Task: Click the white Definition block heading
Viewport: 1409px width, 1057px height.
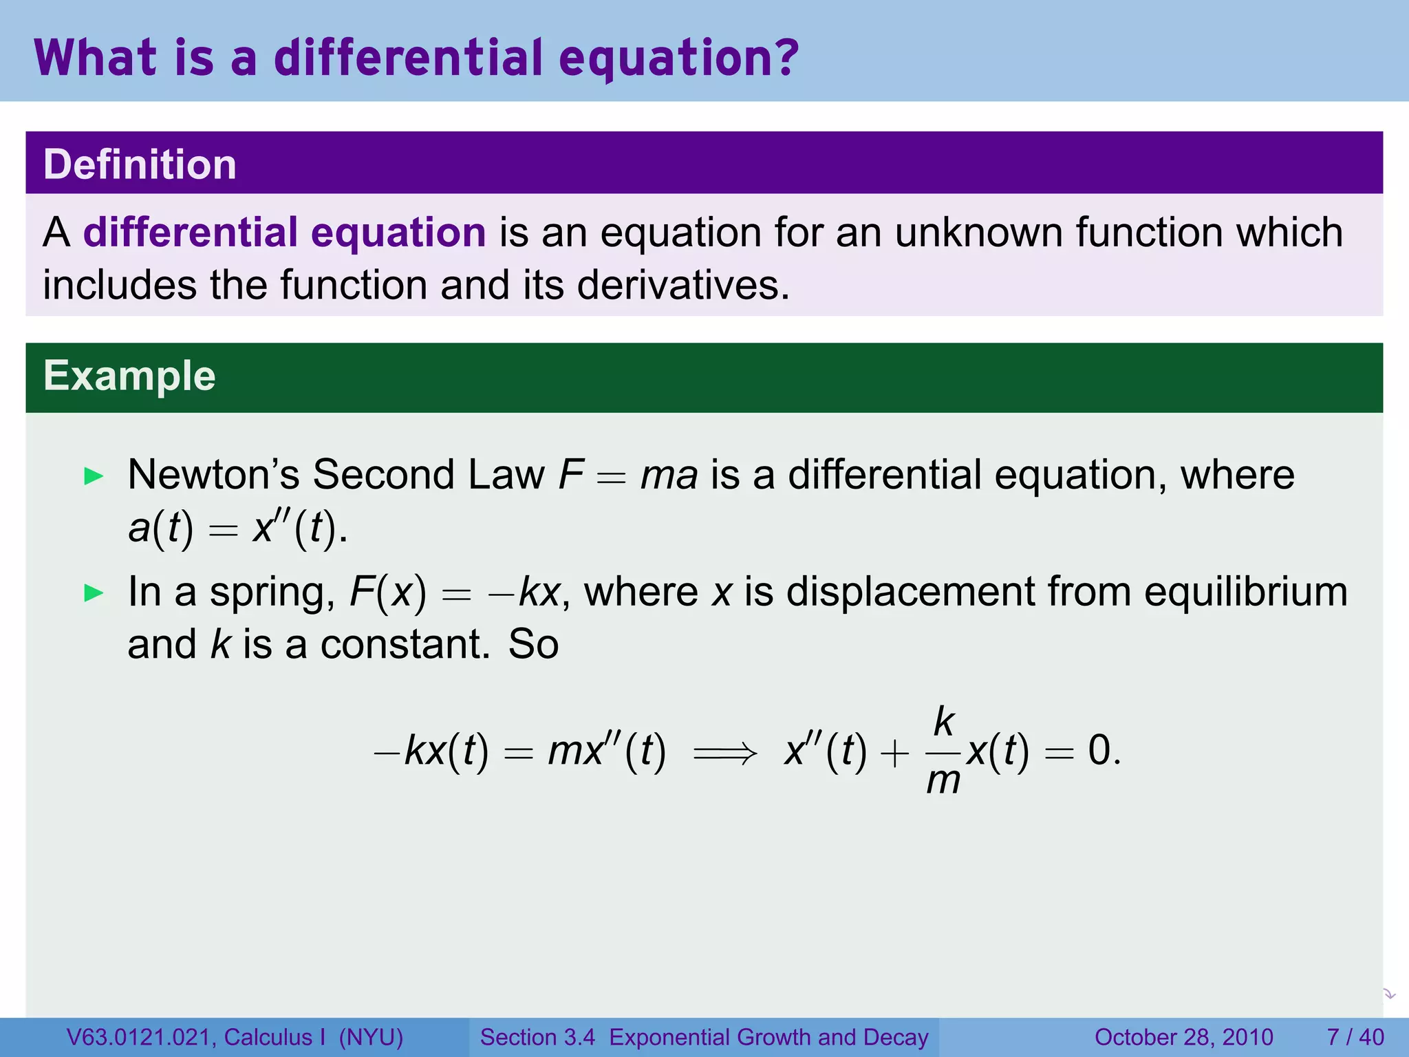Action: point(140,164)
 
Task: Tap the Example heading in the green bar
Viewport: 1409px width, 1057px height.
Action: point(129,376)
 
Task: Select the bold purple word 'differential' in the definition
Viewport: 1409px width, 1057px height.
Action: point(191,232)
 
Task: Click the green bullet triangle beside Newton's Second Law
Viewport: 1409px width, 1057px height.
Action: point(93,476)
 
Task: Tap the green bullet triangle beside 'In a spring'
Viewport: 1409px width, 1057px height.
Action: point(93,593)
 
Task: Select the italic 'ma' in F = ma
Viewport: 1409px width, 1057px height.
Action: point(669,476)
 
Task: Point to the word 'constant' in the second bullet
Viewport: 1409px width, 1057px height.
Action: point(405,645)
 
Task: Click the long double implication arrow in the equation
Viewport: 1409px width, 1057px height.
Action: point(725,752)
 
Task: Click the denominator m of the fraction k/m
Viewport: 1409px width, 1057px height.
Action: point(943,781)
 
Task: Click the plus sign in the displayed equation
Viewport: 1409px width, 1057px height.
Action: point(894,753)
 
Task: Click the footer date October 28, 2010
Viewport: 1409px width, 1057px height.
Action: point(1183,1037)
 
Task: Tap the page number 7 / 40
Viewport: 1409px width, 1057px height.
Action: point(1355,1037)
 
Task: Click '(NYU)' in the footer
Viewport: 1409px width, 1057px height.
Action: point(371,1037)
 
